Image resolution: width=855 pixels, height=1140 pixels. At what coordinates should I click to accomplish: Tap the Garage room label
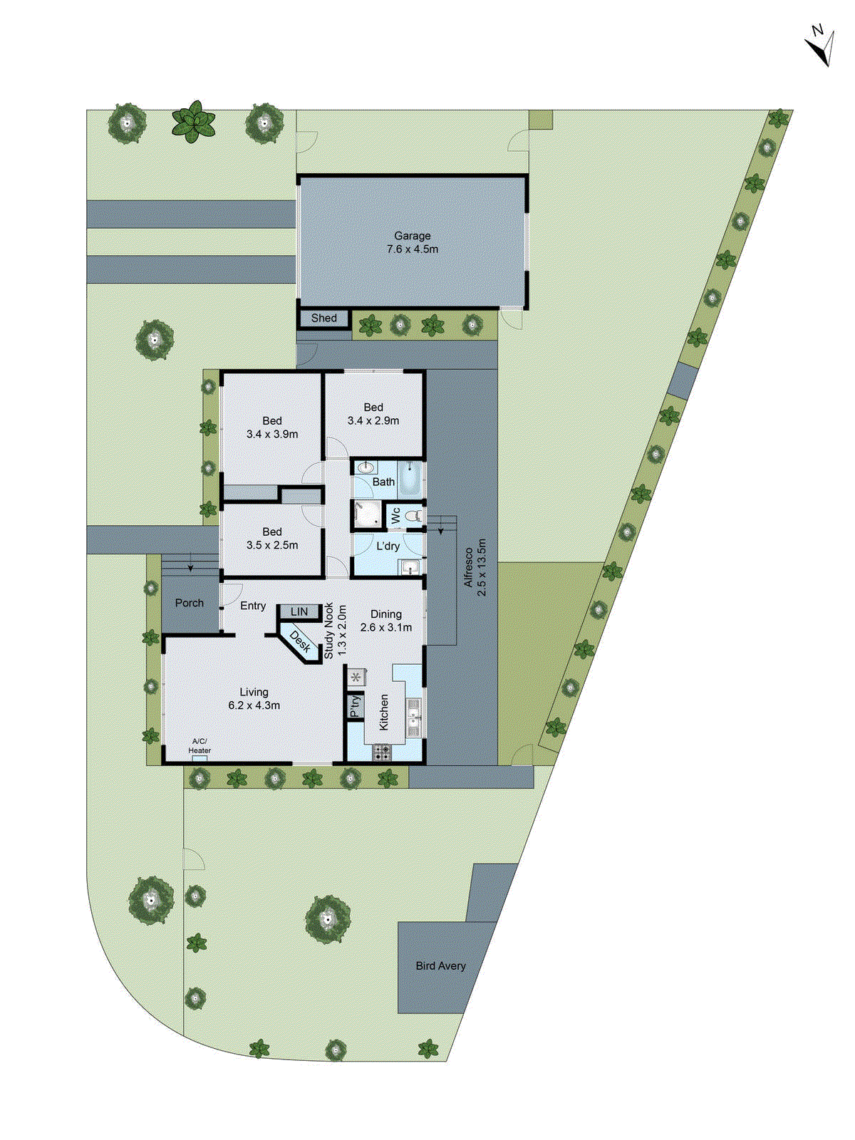pyautogui.click(x=413, y=236)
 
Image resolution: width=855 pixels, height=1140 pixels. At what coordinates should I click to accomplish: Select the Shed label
pyautogui.click(x=324, y=318)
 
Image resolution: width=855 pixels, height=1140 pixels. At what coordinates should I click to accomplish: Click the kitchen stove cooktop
pyautogui.click(x=382, y=752)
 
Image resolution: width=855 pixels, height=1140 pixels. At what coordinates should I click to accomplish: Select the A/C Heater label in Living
pyautogui.click(x=199, y=746)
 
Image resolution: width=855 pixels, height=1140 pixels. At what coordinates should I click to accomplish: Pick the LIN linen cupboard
pyautogui.click(x=299, y=612)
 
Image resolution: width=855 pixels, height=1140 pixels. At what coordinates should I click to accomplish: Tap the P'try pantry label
pyautogui.click(x=355, y=707)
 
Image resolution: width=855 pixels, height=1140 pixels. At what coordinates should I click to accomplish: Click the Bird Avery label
pyautogui.click(x=440, y=966)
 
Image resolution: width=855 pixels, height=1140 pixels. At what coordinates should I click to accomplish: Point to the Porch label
pyautogui.click(x=190, y=603)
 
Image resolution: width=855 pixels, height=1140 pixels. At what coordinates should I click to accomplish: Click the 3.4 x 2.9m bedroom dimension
pyautogui.click(x=373, y=421)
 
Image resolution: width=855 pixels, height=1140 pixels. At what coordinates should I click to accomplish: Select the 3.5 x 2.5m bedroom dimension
pyautogui.click(x=272, y=546)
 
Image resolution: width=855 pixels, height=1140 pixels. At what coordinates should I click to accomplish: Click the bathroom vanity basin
pyautogui.click(x=366, y=468)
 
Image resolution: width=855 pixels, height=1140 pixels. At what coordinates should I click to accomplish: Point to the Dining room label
pyautogui.click(x=386, y=614)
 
